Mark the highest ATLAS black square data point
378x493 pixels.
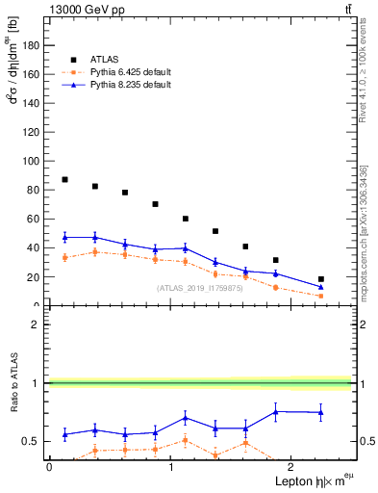(64, 179)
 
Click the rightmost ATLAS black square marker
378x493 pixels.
(320, 279)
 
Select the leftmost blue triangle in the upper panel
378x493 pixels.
(64, 237)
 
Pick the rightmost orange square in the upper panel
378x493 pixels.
(320, 296)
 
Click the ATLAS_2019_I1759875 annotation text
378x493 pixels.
(200, 288)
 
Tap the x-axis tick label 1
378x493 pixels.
(171, 466)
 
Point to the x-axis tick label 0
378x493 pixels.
(49, 466)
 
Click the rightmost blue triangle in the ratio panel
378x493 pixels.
(320, 412)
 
